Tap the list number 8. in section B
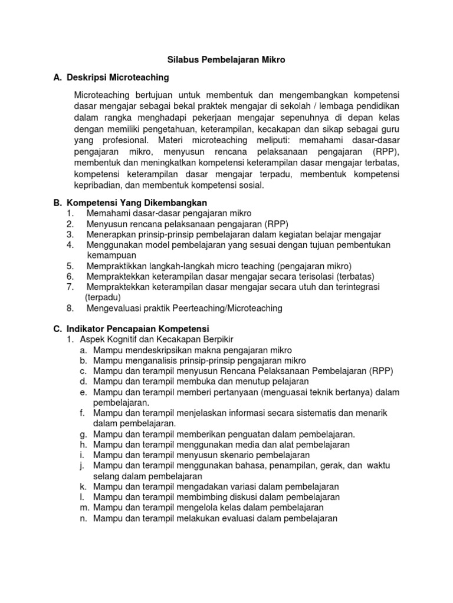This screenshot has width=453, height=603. point(70,308)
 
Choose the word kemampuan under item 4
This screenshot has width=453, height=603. point(111,255)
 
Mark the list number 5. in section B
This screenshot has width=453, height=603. point(70,266)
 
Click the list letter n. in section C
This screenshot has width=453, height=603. point(84,519)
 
